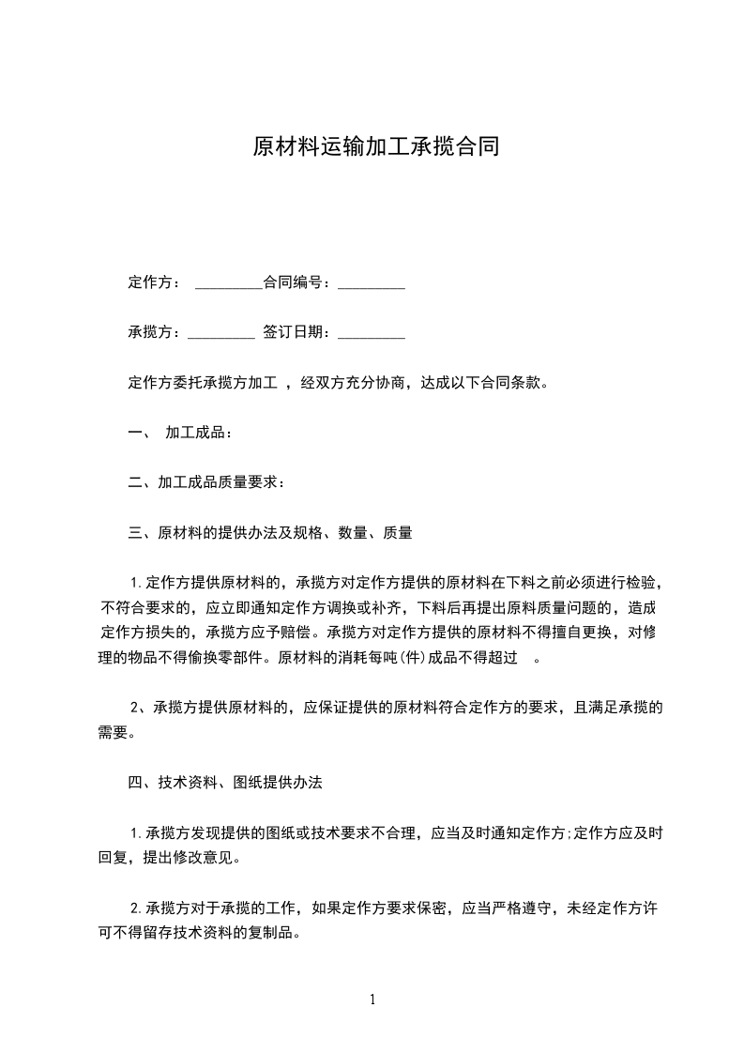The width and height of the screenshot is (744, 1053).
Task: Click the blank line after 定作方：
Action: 229,283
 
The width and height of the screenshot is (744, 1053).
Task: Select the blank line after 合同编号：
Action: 372,283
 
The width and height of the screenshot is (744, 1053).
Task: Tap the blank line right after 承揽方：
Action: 221,333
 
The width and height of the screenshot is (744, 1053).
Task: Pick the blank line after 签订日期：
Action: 372,333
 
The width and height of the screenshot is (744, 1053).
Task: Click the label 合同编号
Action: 294,282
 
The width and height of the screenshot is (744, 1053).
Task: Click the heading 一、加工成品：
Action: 179,433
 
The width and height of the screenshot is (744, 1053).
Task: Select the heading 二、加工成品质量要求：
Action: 206,482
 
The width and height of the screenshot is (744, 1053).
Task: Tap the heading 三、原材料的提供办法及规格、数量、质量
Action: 270,533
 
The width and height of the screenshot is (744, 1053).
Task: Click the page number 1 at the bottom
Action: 372,1000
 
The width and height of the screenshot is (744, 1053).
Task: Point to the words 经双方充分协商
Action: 352,383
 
